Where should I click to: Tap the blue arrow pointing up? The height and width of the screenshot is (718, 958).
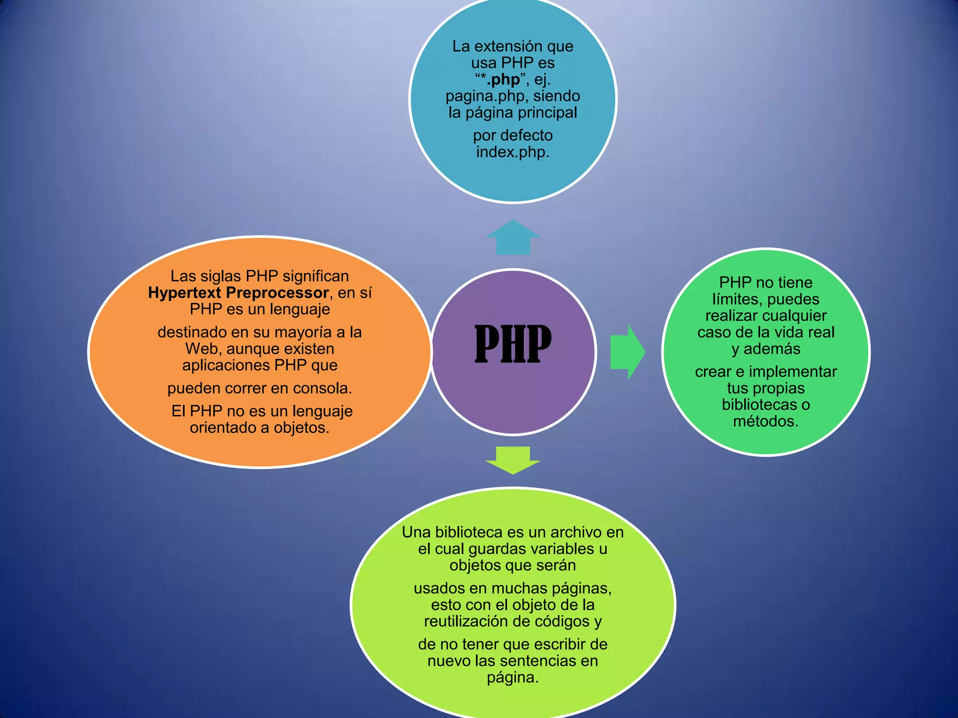pyautogui.click(x=513, y=237)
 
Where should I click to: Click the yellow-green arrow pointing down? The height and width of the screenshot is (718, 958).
pyautogui.click(x=513, y=460)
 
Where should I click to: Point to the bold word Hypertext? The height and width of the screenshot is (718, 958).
pyautogui.click(x=184, y=293)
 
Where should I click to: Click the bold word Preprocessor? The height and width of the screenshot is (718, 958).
pyautogui.click(x=277, y=293)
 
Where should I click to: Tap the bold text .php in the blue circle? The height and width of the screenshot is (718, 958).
pyautogui.click(x=503, y=79)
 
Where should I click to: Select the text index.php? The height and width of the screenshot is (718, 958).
pyautogui.click(x=512, y=152)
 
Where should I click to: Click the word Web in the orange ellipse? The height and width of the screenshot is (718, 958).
pyautogui.click(x=203, y=349)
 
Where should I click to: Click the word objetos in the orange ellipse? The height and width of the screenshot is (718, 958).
pyautogui.click(x=299, y=428)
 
